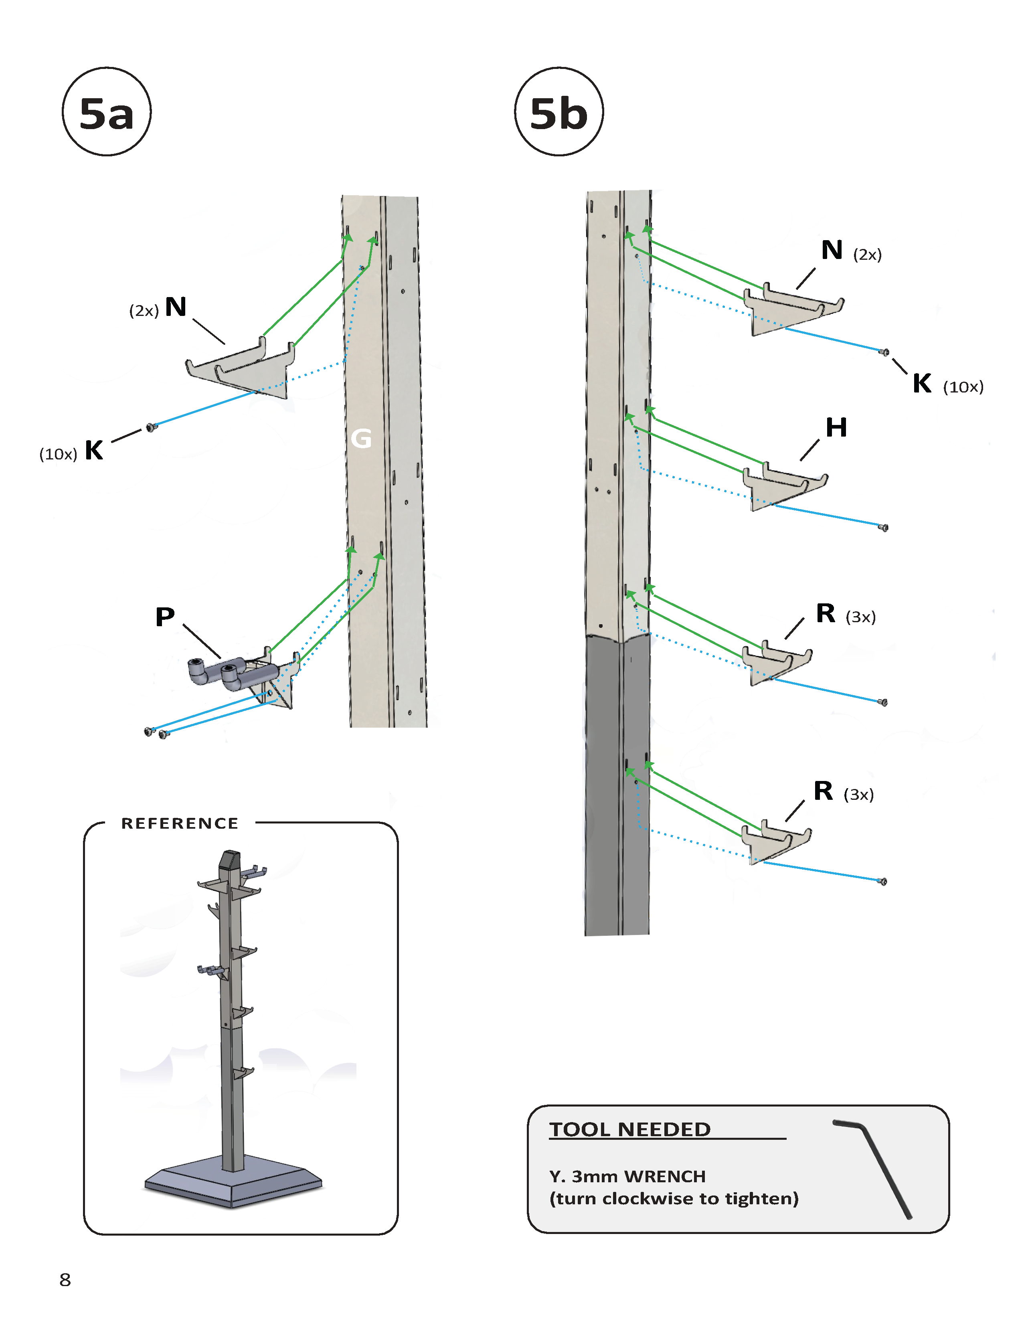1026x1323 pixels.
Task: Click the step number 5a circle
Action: click(107, 112)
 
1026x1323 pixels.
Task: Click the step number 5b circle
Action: click(559, 112)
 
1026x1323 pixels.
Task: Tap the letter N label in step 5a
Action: click(176, 307)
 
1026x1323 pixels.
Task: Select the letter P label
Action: click(165, 617)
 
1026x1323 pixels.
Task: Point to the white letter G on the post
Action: click(361, 438)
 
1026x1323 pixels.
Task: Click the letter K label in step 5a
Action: click(94, 450)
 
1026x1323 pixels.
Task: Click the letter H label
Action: click(836, 428)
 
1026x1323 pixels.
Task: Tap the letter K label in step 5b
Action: click(922, 383)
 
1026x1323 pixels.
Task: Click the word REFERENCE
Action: click(180, 823)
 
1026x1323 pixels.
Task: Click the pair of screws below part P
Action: click(156, 733)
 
